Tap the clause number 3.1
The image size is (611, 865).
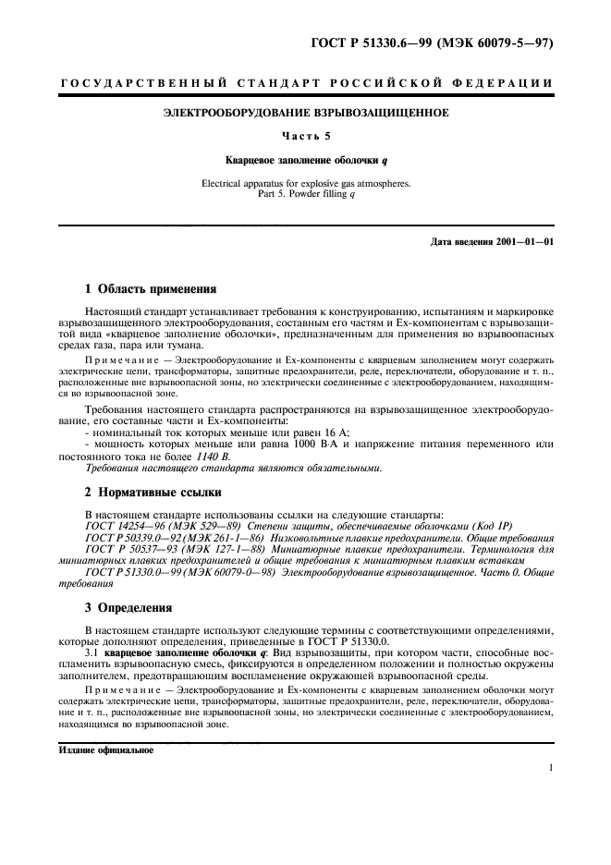92,650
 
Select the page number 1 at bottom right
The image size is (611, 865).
550,767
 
